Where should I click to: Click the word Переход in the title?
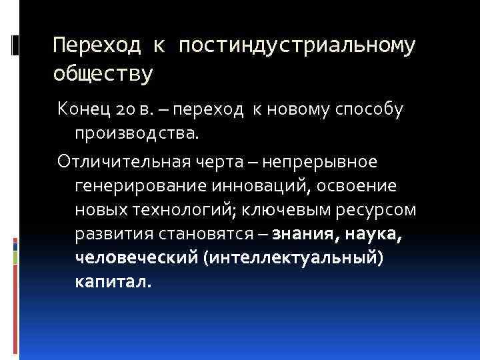coord(97,46)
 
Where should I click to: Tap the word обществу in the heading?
coord(103,73)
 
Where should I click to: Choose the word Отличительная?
coord(115,162)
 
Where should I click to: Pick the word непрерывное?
coord(321,162)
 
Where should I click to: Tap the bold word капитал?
coord(114,282)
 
